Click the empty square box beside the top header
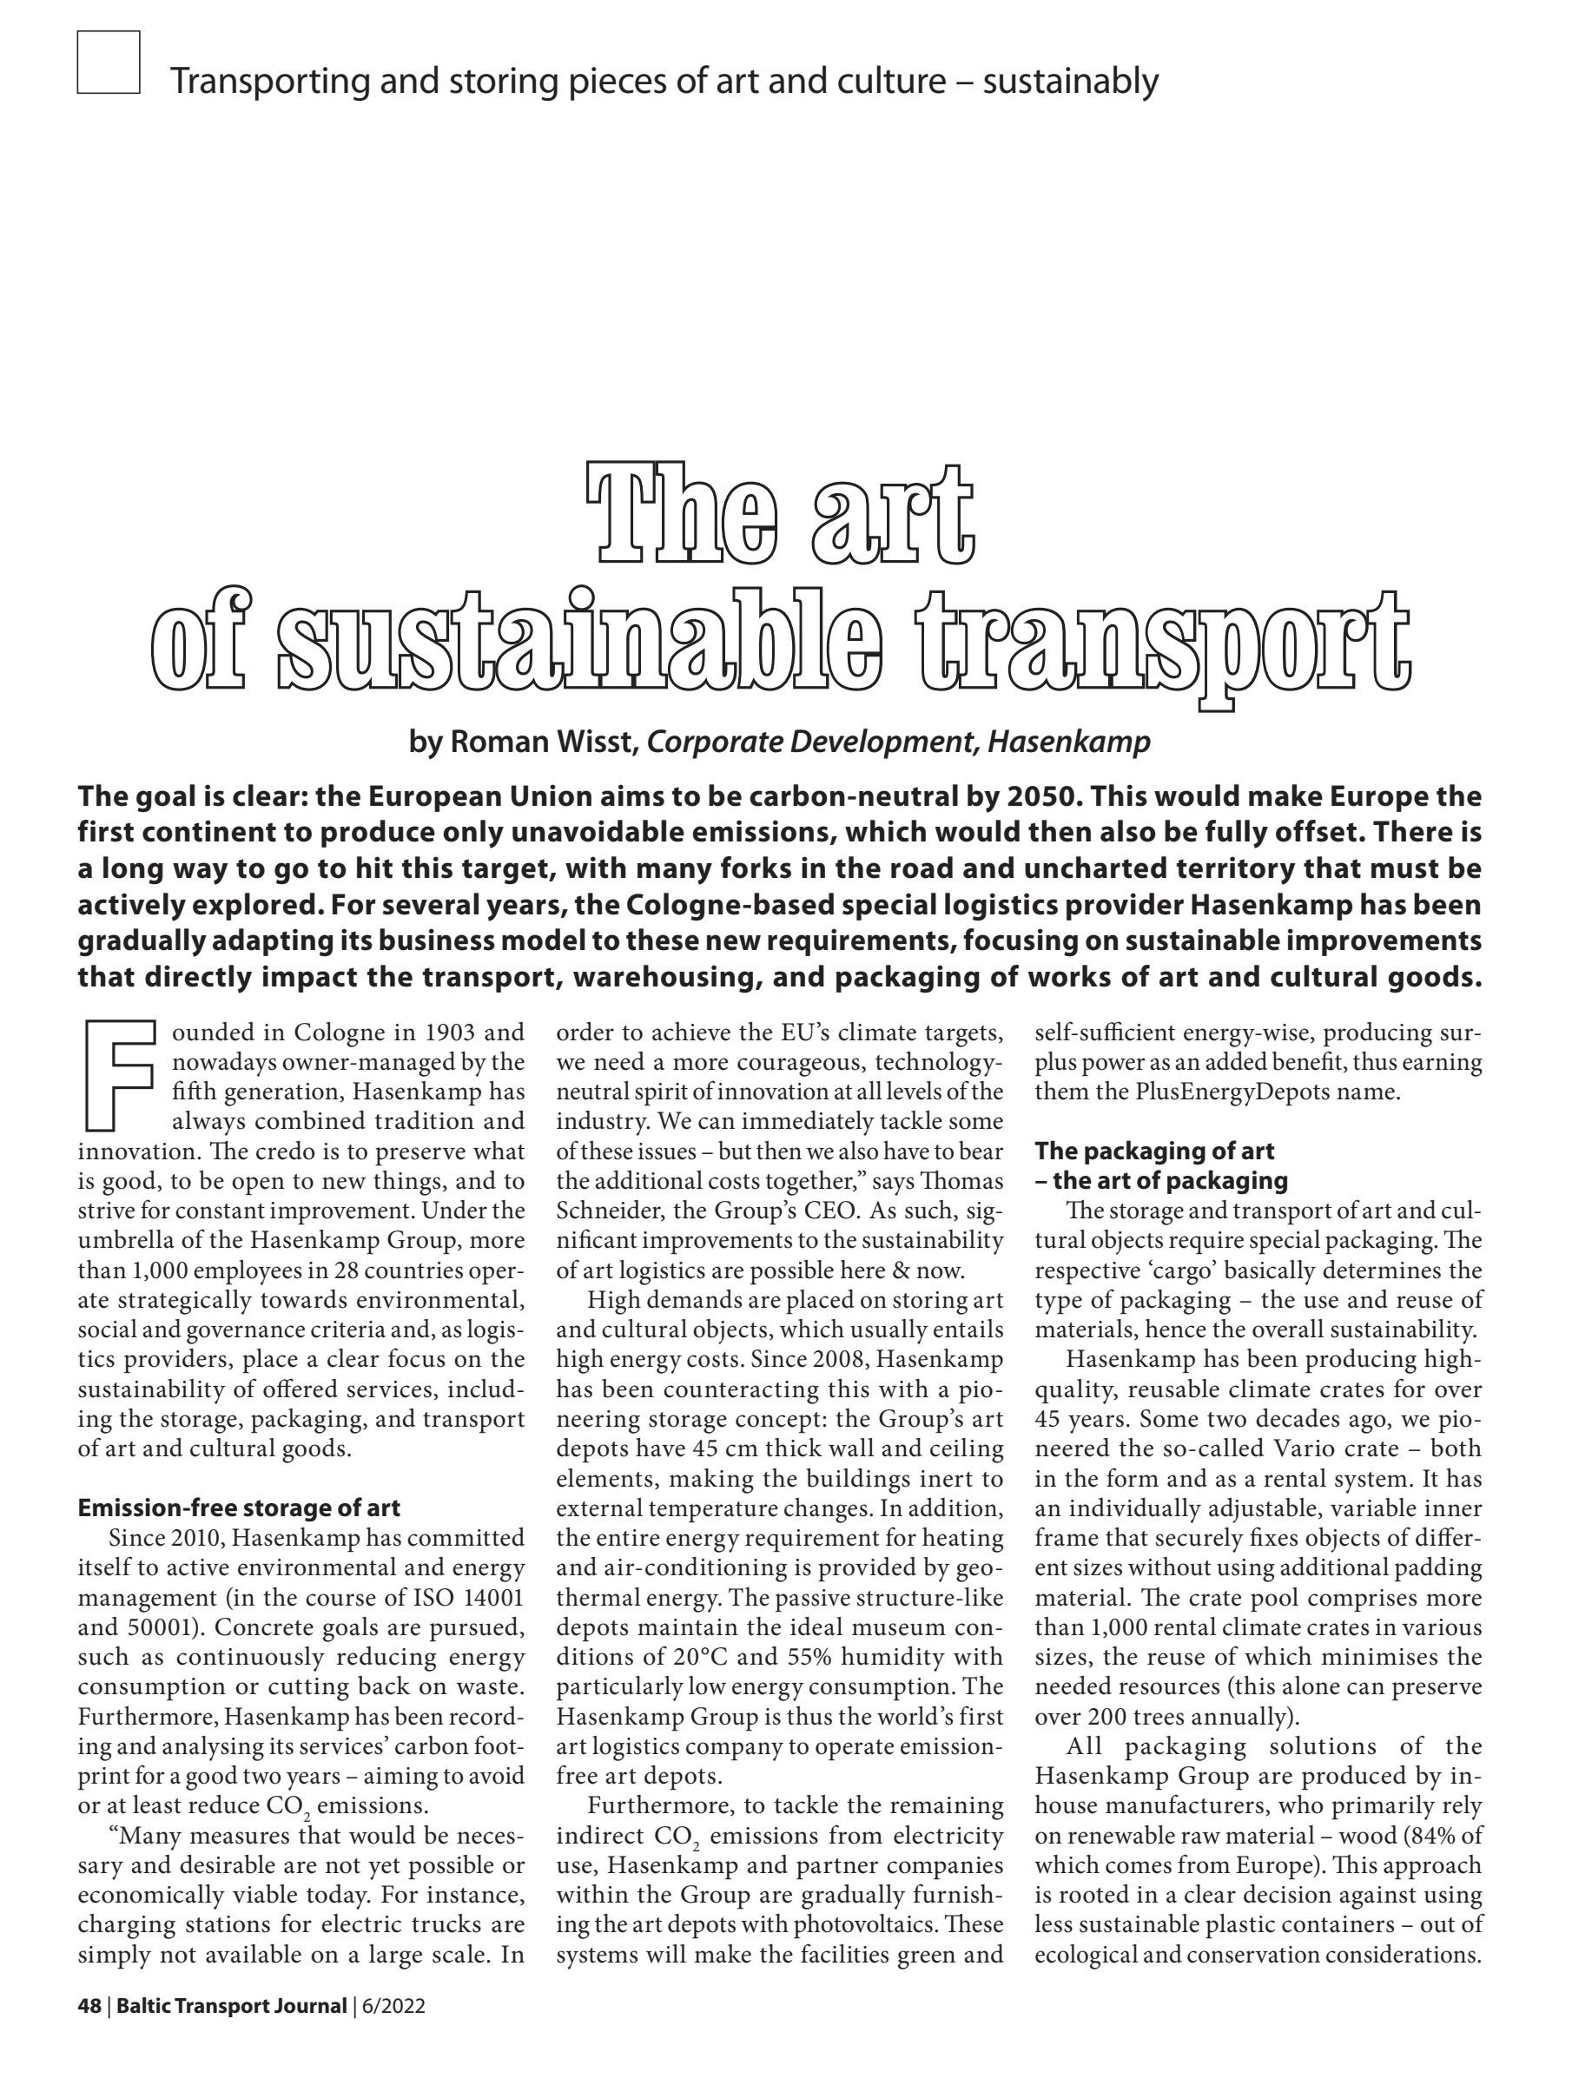tap(109, 63)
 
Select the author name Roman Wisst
tap(541, 741)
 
